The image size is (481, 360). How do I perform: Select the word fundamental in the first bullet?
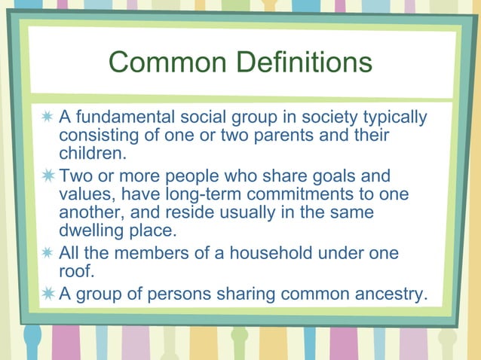pyautogui.click(x=124, y=118)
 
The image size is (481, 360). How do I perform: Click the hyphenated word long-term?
pyautogui.click(x=191, y=194)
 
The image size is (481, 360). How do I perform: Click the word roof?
pyautogui.click(x=73, y=271)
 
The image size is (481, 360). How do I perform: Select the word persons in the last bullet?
pyautogui.click(x=178, y=293)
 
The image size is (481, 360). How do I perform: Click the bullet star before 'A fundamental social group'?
pyautogui.click(x=47, y=118)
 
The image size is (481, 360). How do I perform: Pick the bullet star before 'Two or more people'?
pyautogui.click(x=47, y=176)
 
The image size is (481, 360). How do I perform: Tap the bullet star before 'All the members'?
pyautogui.click(x=47, y=253)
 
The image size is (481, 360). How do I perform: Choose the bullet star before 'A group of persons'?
pyautogui.click(x=47, y=293)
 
